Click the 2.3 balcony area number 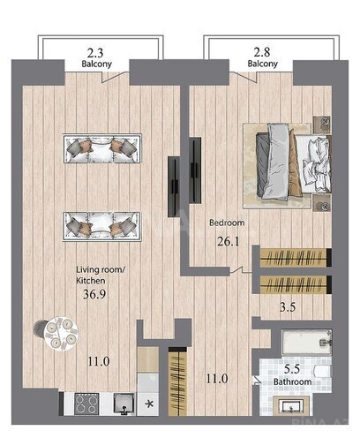click(95, 53)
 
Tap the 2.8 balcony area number click(262, 52)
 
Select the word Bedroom click(227, 223)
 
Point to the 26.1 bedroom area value click(229, 241)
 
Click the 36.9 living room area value click(94, 294)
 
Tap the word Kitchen click(91, 281)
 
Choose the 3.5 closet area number click(288, 307)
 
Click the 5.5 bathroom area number click(292, 369)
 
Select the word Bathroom click(292, 381)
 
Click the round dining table click(61, 334)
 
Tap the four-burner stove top click(86, 404)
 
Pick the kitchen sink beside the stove click(124, 404)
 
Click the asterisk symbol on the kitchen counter click(149, 404)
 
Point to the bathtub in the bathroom click(307, 343)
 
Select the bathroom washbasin click(291, 406)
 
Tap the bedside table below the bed click(322, 203)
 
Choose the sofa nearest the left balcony click(102, 148)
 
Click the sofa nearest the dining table click(101, 226)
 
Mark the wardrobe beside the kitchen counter click(177, 381)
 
